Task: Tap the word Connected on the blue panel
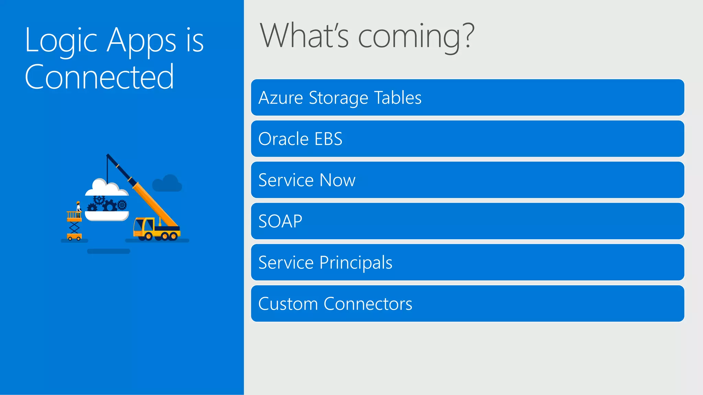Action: (99, 77)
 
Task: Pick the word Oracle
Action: (283, 139)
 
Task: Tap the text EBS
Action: (329, 139)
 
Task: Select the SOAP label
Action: (280, 221)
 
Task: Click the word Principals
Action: (356, 263)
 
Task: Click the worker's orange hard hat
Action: (78, 203)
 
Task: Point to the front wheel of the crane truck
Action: (149, 236)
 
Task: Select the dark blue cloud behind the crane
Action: (167, 184)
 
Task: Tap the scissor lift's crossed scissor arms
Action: (74, 227)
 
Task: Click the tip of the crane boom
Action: (108, 155)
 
